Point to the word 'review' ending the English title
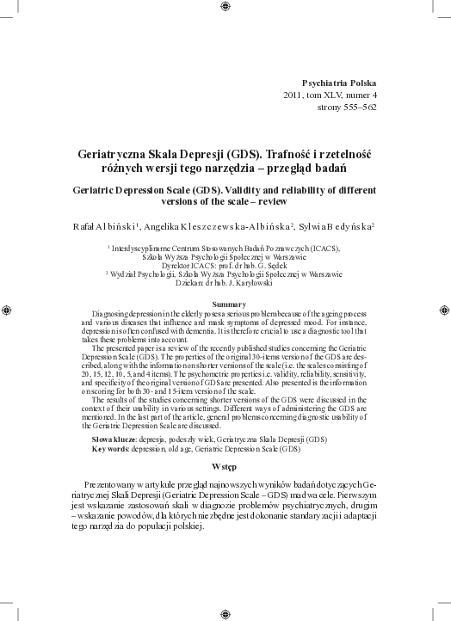[x=281, y=200]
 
